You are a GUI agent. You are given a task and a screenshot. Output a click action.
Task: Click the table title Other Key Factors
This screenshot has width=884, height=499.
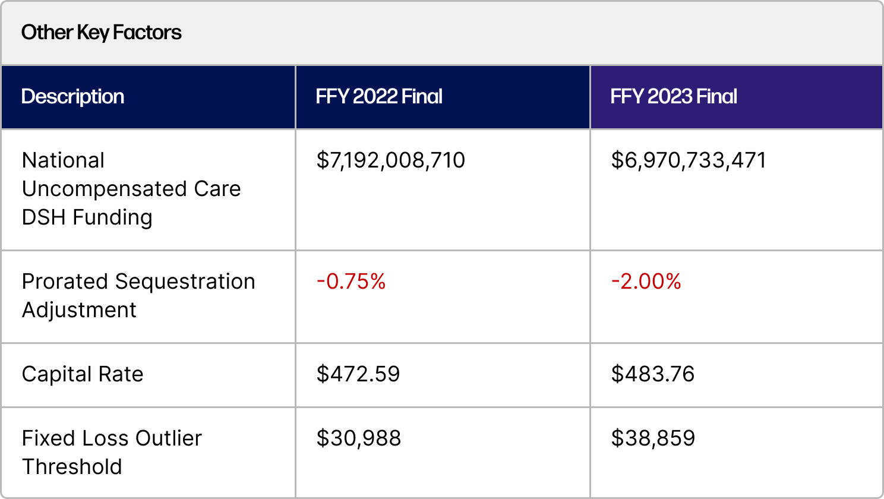[x=102, y=33]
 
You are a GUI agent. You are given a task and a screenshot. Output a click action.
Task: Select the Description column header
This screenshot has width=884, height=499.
[x=72, y=97]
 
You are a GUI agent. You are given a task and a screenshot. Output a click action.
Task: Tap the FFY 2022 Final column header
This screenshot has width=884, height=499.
[x=379, y=97]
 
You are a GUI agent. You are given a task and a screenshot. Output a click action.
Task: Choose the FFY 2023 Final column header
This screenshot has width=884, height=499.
[x=674, y=97]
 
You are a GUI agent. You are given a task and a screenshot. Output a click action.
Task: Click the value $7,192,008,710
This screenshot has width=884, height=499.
[x=390, y=160]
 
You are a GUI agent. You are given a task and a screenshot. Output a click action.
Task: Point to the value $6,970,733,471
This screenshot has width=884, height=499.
[x=689, y=160]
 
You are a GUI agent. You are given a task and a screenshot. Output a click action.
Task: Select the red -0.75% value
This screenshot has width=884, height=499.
[x=351, y=282]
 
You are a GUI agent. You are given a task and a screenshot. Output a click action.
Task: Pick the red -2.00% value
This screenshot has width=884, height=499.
[x=646, y=282]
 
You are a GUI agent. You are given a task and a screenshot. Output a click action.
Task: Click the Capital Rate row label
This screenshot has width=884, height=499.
[x=83, y=374]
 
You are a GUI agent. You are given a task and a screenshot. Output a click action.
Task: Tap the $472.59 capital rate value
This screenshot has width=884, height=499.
[x=358, y=374]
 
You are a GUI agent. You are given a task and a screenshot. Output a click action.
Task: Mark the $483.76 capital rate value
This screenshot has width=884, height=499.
[x=653, y=374]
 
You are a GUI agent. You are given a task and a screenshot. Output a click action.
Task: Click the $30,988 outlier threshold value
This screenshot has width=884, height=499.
[x=359, y=438]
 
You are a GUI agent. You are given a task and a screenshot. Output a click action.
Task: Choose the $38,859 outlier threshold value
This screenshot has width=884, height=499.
[x=653, y=438]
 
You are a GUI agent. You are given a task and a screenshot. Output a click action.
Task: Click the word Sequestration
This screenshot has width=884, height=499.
[x=185, y=282]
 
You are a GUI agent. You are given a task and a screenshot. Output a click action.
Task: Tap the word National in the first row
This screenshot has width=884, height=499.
[x=63, y=160]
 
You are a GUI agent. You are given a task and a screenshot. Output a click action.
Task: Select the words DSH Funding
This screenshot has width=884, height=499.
[x=87, y=217]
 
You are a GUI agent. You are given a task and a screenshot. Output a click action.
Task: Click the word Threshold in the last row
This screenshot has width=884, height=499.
[x=72, y=467]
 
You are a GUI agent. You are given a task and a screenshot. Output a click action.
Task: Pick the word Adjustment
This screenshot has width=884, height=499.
[x=79, y=310]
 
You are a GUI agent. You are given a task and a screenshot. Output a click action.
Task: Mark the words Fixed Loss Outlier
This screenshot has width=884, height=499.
[x=112, y=438]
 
